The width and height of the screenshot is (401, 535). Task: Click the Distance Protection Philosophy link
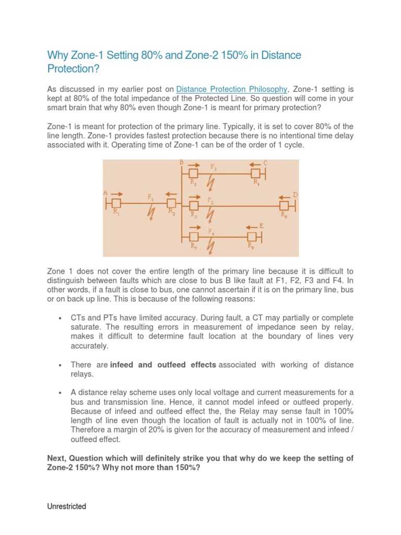click(232, 89)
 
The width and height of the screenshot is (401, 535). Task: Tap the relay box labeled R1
click(116, 203)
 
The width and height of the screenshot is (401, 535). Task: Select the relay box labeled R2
click(171, 203)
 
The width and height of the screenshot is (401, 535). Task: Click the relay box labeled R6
click(285, 206)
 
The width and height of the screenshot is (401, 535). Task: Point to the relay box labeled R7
click(194, 237)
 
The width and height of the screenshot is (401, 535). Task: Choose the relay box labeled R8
click(251, 237)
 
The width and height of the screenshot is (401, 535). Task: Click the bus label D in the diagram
click(295, 195)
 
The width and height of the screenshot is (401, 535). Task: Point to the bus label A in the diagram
click(105, 193)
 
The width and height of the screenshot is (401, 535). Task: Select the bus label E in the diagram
click(261, 226)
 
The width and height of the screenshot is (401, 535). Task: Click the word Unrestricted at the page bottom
click(67, 506)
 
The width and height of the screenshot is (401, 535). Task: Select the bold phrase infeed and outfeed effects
click(163, 365)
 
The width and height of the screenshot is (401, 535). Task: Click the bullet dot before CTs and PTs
click(61, 318)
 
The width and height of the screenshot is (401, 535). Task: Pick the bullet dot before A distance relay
click(61, 392)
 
